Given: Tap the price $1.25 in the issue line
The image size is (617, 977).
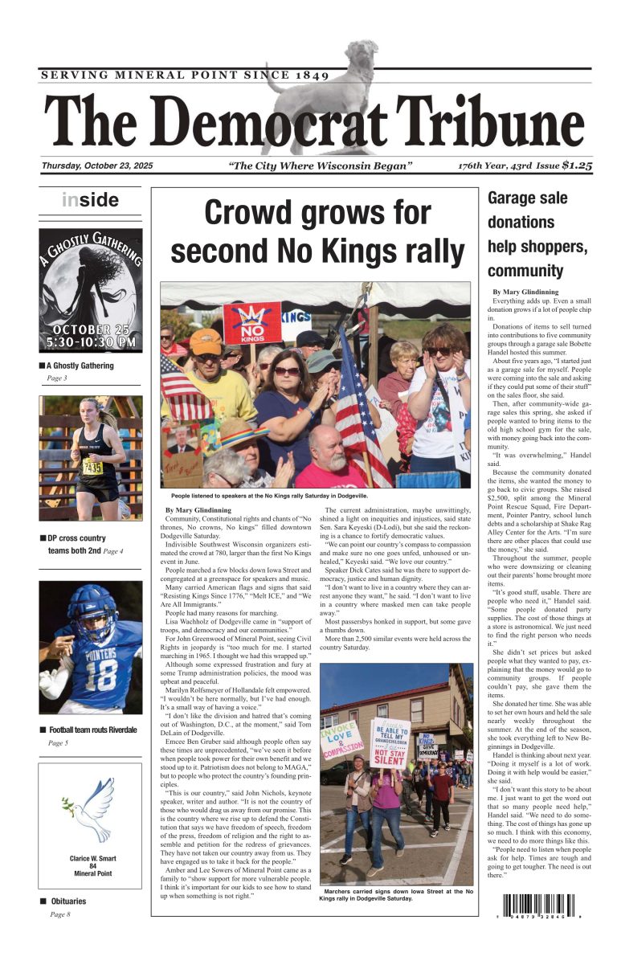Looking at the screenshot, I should point(578,166).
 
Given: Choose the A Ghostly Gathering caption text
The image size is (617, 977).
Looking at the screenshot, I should point(81,366).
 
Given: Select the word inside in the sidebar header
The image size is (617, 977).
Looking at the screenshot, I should point(90,200).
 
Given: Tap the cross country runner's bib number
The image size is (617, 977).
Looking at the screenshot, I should point(93,467).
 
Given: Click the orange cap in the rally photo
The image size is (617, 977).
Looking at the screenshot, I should point(206,341).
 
